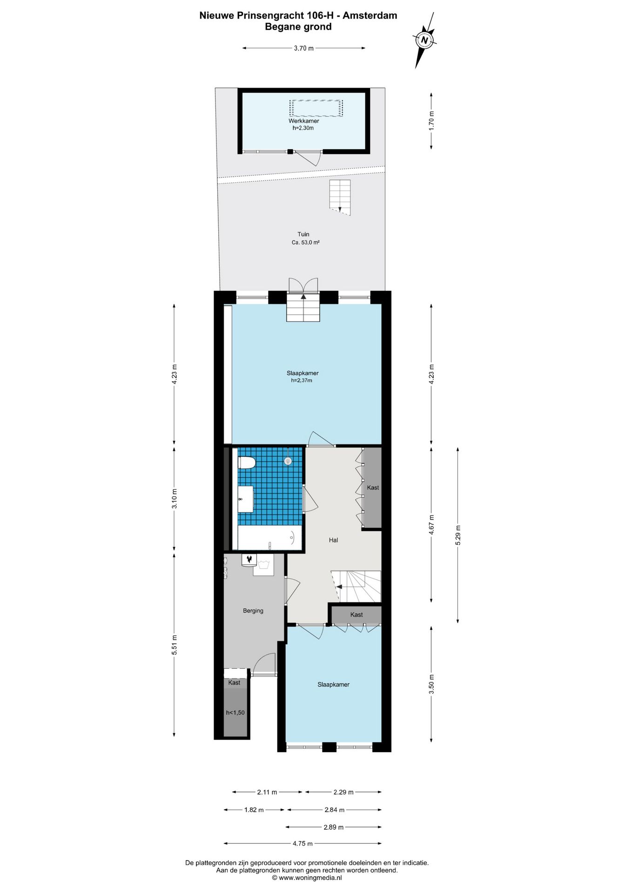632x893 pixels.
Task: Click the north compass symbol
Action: [x=424, y=40]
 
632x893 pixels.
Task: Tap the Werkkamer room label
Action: [x=303, y=121]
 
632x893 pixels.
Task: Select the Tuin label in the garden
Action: [x=303, y=234]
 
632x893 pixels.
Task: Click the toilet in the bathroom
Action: [x=247, y=463]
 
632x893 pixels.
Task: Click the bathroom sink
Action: [x=245, y=499]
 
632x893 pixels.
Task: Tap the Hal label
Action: [x=333, y=540]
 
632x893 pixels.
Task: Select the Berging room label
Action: [x=253, y=611]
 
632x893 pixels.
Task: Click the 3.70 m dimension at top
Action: [x=303, y=48]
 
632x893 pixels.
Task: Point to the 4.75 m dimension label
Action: [x=303, y=843]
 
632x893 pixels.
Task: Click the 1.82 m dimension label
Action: [x=254, y=810]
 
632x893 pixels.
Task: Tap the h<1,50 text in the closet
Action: [x=235, y=713]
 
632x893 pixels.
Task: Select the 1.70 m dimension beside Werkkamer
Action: [x=431, y=120]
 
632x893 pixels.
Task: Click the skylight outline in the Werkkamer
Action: [x=316, y=108]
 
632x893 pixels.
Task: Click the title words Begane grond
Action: [x=298, y=27]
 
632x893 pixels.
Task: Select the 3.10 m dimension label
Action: [x=175, y=498]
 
